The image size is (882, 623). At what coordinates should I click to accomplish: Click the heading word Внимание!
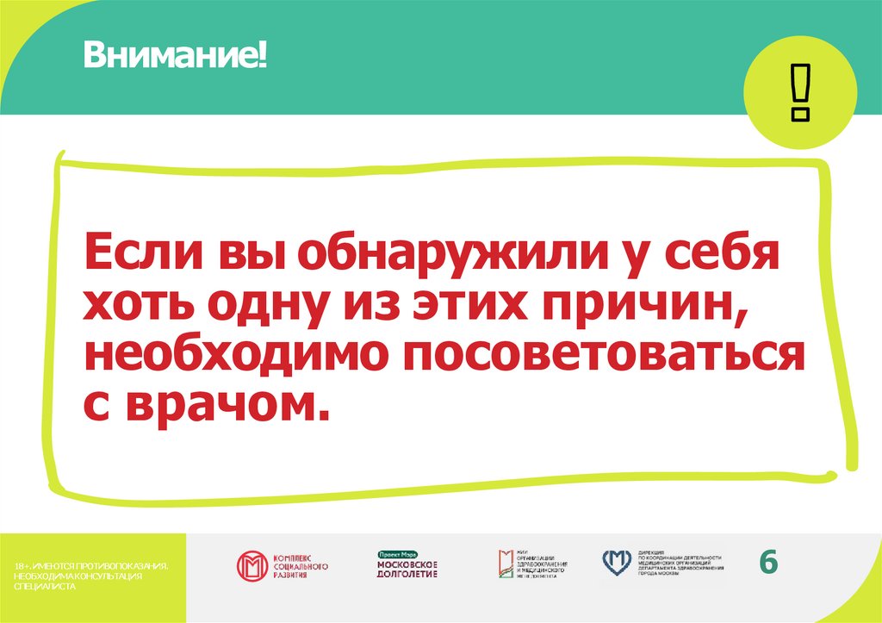point(175,59)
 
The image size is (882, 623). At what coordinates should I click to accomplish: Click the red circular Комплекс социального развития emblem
point(252,566)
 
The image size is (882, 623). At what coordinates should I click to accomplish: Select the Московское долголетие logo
point(407,570)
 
